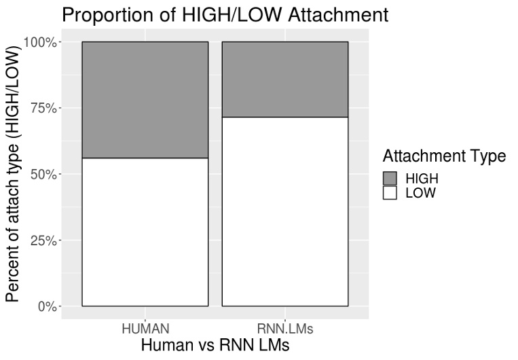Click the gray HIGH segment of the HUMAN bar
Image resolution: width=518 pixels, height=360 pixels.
tap(145, 100)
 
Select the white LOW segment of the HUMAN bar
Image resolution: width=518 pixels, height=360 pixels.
tap(145, 232)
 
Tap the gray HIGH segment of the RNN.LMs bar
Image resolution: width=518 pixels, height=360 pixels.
tap(284, 79)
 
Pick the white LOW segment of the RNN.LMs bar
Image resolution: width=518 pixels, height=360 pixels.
tap(284, 211)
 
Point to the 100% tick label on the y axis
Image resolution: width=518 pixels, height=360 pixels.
tap(41, 42)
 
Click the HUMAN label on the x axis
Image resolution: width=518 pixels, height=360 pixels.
tap(145, 329)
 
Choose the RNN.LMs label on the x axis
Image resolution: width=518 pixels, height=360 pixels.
tap(284, 329)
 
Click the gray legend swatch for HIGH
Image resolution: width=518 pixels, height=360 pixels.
tap(390, 178)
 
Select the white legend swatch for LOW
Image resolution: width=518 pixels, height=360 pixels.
tap(390, 193)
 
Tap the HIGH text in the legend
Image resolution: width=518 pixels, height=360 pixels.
tap(422, 178)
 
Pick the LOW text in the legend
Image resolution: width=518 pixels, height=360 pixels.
tap(420, 193)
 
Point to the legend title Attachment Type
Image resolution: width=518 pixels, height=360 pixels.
tap(444, 156)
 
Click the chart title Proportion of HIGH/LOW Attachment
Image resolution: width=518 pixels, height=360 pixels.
tap(225, 15)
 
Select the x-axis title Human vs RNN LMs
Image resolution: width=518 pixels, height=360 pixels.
tap(215, 345)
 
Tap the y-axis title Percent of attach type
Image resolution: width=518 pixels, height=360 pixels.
tap(14, 174)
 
